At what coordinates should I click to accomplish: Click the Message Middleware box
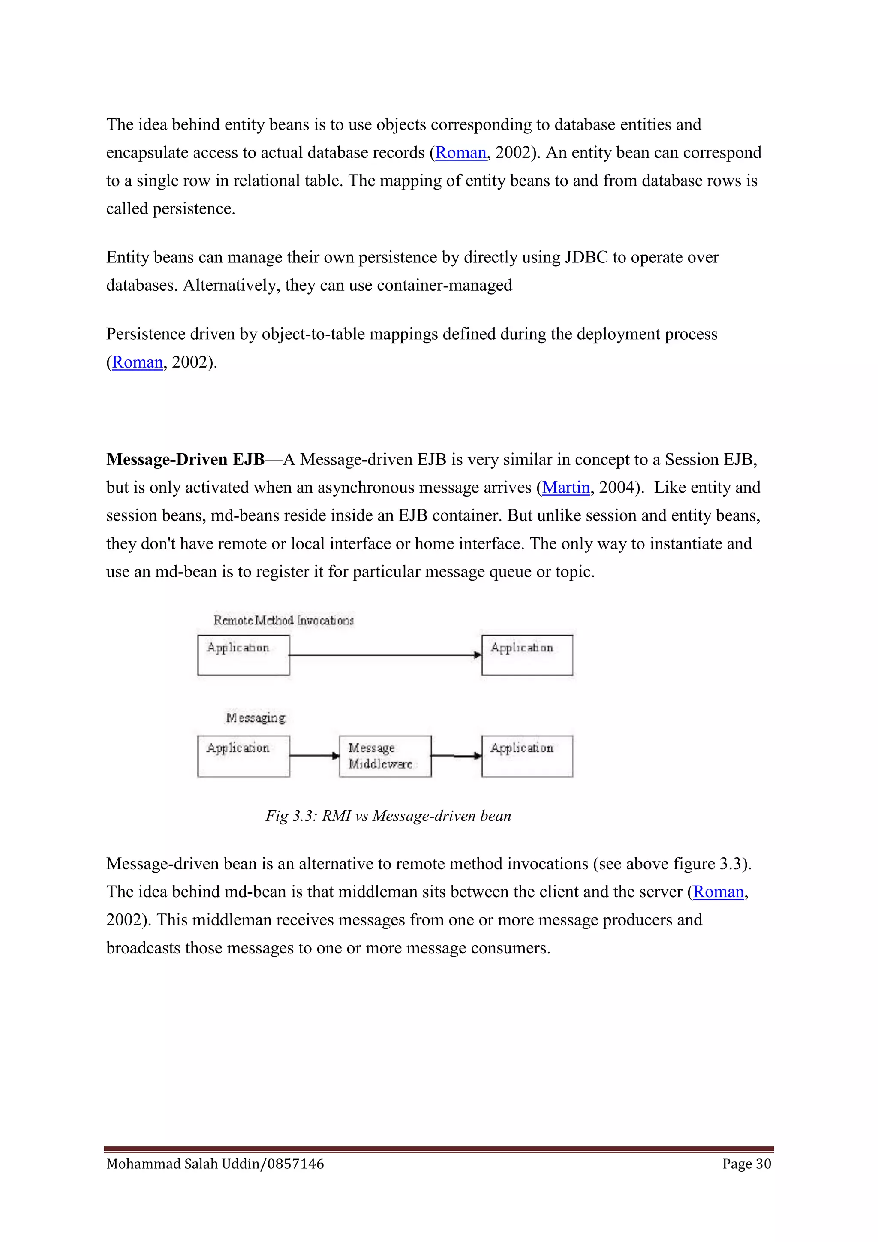385,756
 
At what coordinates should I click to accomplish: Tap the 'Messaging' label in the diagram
255,718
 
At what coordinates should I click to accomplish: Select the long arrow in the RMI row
385,655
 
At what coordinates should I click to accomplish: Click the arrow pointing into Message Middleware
314,756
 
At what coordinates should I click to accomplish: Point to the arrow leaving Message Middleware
456,756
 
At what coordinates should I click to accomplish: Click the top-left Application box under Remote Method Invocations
243,655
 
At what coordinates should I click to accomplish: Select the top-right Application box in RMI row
527,655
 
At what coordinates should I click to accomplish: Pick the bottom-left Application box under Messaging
243,756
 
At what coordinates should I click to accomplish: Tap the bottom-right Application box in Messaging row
527,756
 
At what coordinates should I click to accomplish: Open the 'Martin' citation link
565,487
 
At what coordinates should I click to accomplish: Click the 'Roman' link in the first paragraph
460,153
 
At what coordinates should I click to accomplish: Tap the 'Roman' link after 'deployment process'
137,362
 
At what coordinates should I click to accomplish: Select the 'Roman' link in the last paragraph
718,892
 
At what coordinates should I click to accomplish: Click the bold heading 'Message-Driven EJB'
185,459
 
